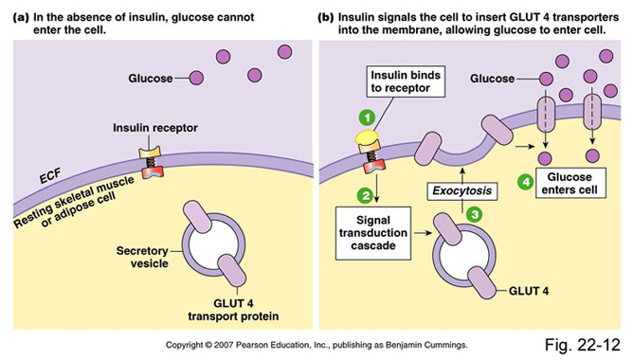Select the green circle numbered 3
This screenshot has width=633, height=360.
(x=474, y=214)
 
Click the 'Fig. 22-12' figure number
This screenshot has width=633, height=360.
(x=584, y=344)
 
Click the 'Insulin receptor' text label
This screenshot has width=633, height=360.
(x=150, y=128)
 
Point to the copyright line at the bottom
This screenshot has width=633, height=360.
(x=316, y=344)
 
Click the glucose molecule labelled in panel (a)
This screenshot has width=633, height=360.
(x=196, y=79)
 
